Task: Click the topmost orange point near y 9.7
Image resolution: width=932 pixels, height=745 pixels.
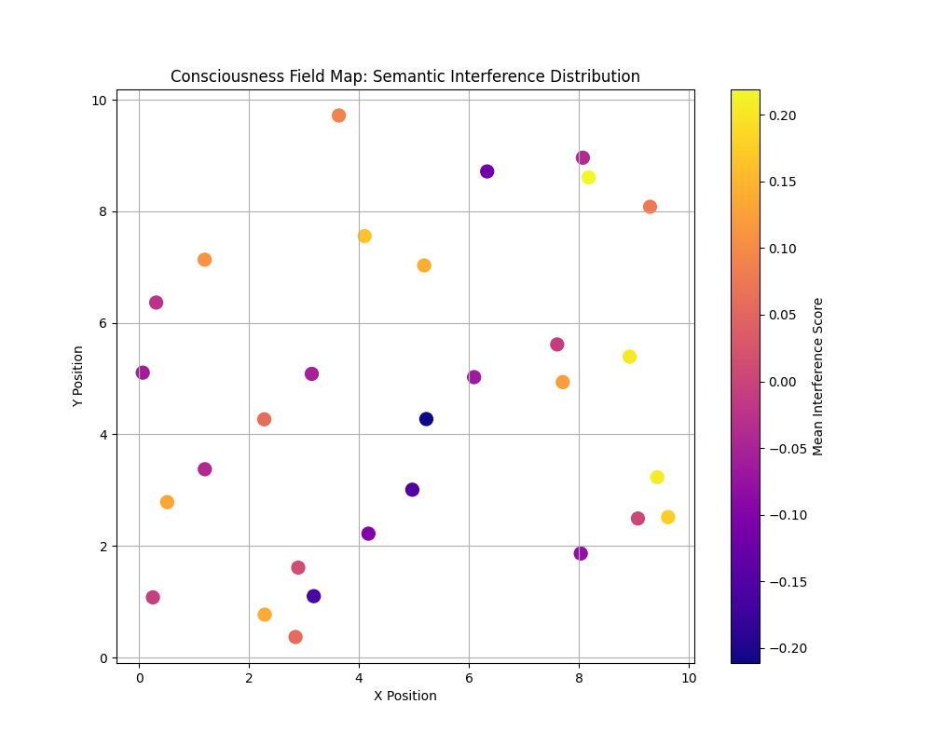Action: coord(338,115)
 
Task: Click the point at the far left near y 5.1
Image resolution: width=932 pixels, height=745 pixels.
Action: coord(143,372)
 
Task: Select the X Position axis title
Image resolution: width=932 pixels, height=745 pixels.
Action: coord(404,696)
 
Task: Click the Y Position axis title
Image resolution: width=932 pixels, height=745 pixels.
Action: coord(78,376)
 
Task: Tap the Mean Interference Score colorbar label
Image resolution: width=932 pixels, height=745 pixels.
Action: coord(818,376)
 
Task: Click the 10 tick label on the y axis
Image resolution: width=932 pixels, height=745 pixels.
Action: coord(97,100)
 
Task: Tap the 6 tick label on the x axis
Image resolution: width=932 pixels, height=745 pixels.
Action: coord(469,678)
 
